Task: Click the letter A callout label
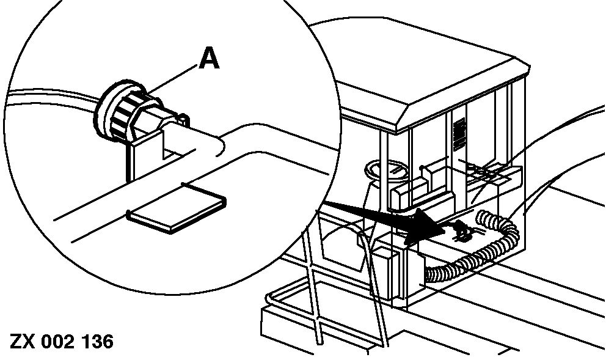coord(208,59)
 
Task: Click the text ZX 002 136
coord(62,341)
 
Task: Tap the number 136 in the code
coord(97,341)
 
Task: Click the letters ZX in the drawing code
coord(23,341)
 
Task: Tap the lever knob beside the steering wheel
coord(422,166)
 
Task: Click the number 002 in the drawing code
coord(58,341)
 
